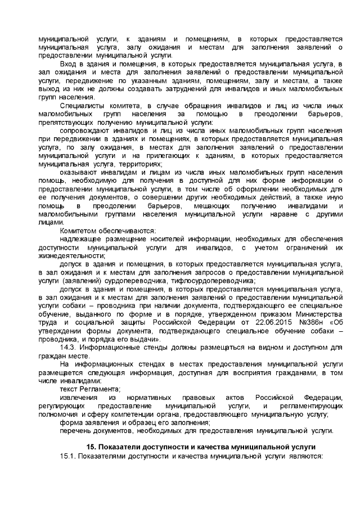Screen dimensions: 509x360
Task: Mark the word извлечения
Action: [x=78, y=398]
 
